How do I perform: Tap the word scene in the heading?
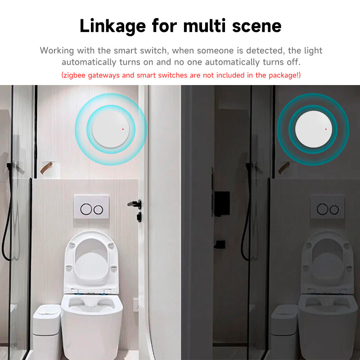tap(256, 26)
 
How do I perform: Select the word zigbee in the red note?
tap(74, 75)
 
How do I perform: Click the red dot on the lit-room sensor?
tap(123, 129)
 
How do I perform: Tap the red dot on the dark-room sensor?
tap(326, 129)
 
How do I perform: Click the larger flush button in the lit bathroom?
tap(86, 209)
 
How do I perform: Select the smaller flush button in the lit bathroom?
tap(98, 210)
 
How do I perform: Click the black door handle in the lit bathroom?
tap(135, 204)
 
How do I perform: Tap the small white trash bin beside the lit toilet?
tap(47, 331)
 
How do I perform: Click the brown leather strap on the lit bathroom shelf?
tap(46, 168)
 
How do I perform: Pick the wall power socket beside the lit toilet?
tap(136, 305)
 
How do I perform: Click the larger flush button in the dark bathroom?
tap(322, 209)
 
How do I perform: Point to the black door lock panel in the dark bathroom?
tap(221, 204)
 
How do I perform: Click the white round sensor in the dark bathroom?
tap(313, 129)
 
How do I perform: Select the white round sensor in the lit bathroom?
tap(111, 129)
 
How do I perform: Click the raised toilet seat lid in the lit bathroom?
tap(92, 262)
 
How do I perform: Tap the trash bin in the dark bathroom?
tap(284, 331)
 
